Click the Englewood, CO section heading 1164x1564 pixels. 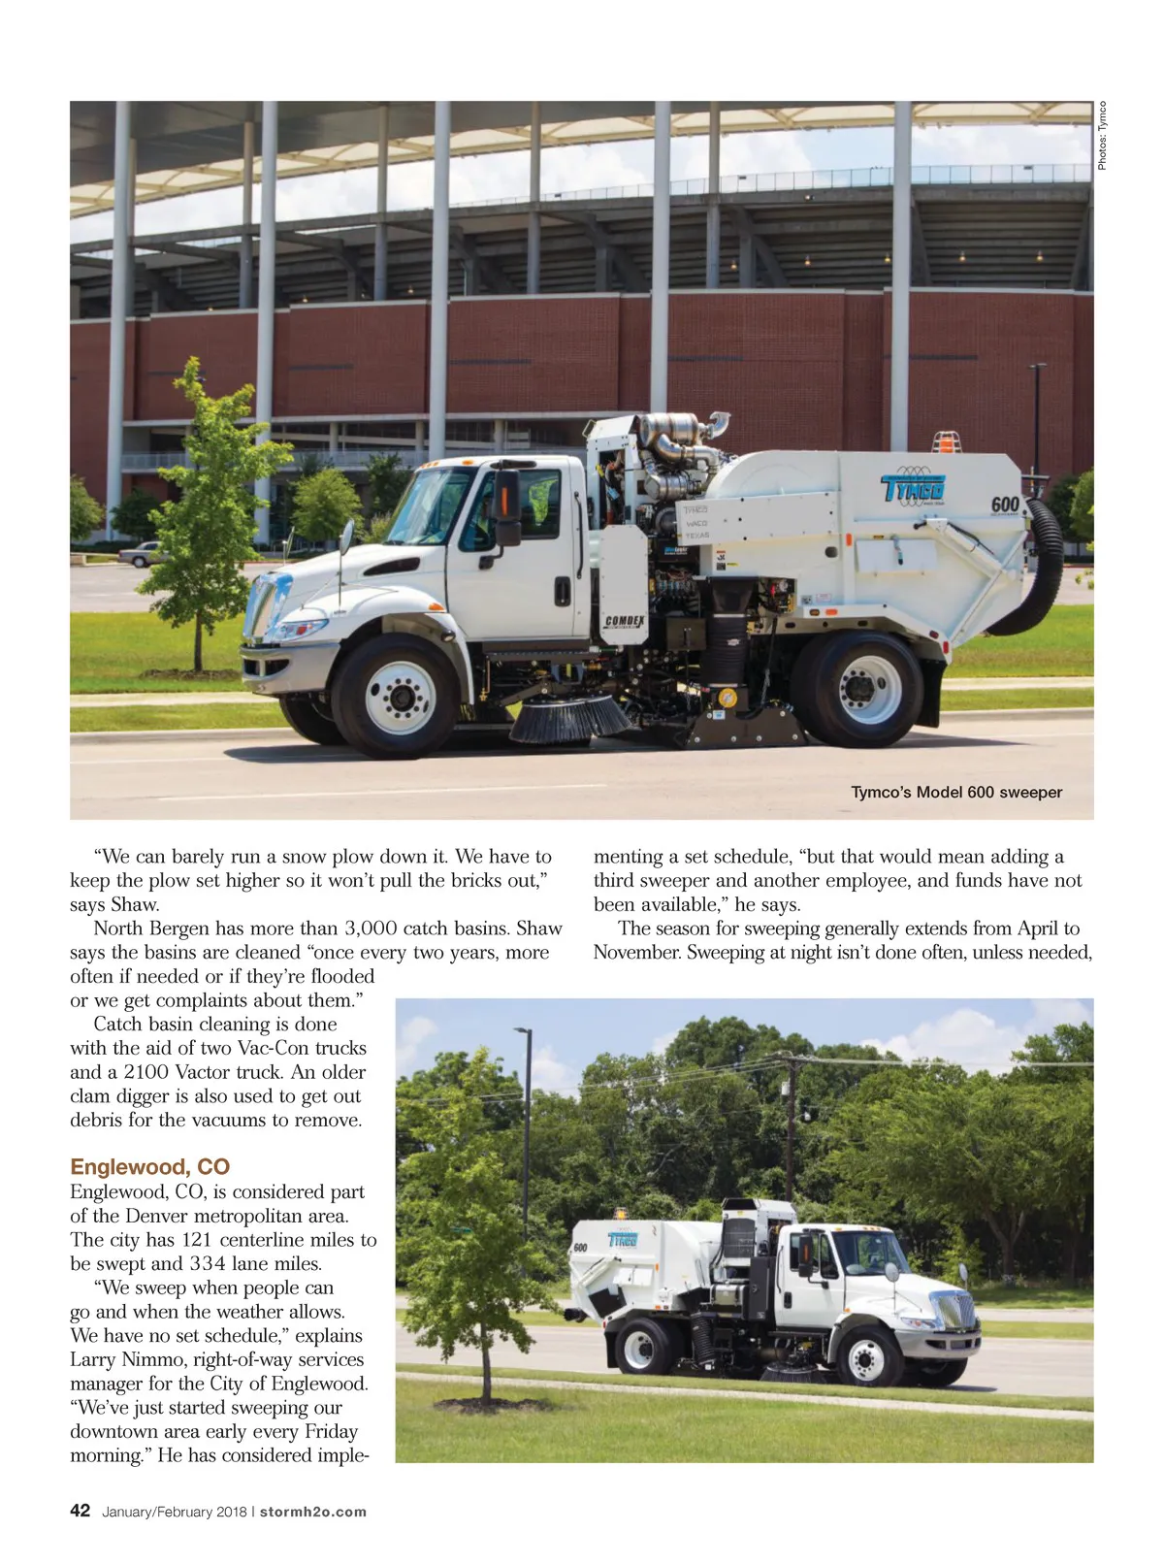tap(149, 1166)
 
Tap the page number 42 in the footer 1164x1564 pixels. tap(81, 1511)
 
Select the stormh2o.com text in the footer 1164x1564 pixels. tap(313, 1512)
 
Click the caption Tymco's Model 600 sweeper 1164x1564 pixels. tap(956, 792)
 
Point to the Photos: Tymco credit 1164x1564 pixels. tap(1102, 136)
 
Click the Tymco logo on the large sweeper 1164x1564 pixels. tap(913, 488)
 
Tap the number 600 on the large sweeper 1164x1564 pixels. tap(1005, 505)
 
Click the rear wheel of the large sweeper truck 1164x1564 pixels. tap(857, 690)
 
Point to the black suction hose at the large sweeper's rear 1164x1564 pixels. tap(1041, 572)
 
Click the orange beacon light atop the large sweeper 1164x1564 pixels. tap(946, 441)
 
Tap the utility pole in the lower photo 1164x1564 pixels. tap(792, 1125)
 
